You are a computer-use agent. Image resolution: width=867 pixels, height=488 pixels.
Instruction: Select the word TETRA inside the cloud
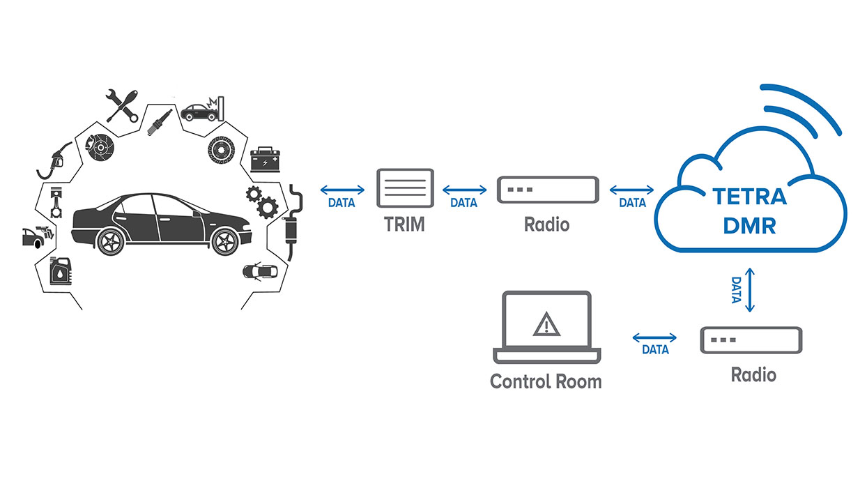click(749, 197)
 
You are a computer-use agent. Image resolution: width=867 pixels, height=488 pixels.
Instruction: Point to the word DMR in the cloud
click(749, 227)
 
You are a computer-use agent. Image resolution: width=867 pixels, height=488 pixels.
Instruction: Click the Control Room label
click(546, 382)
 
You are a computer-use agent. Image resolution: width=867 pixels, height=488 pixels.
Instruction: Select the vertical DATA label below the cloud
click(737, 289)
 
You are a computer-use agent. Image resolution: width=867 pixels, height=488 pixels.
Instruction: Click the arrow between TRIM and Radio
click(465, 190)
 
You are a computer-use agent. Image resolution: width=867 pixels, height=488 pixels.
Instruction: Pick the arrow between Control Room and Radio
click(654, 338)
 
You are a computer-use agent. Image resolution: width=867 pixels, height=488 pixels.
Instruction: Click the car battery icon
click(265, 158)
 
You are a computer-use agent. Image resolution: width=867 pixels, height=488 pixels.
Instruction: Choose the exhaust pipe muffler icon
click(293, 223)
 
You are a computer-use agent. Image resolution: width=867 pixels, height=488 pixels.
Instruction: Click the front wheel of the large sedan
click(224, 241)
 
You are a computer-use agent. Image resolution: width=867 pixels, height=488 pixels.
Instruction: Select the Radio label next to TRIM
click(547, 224)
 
